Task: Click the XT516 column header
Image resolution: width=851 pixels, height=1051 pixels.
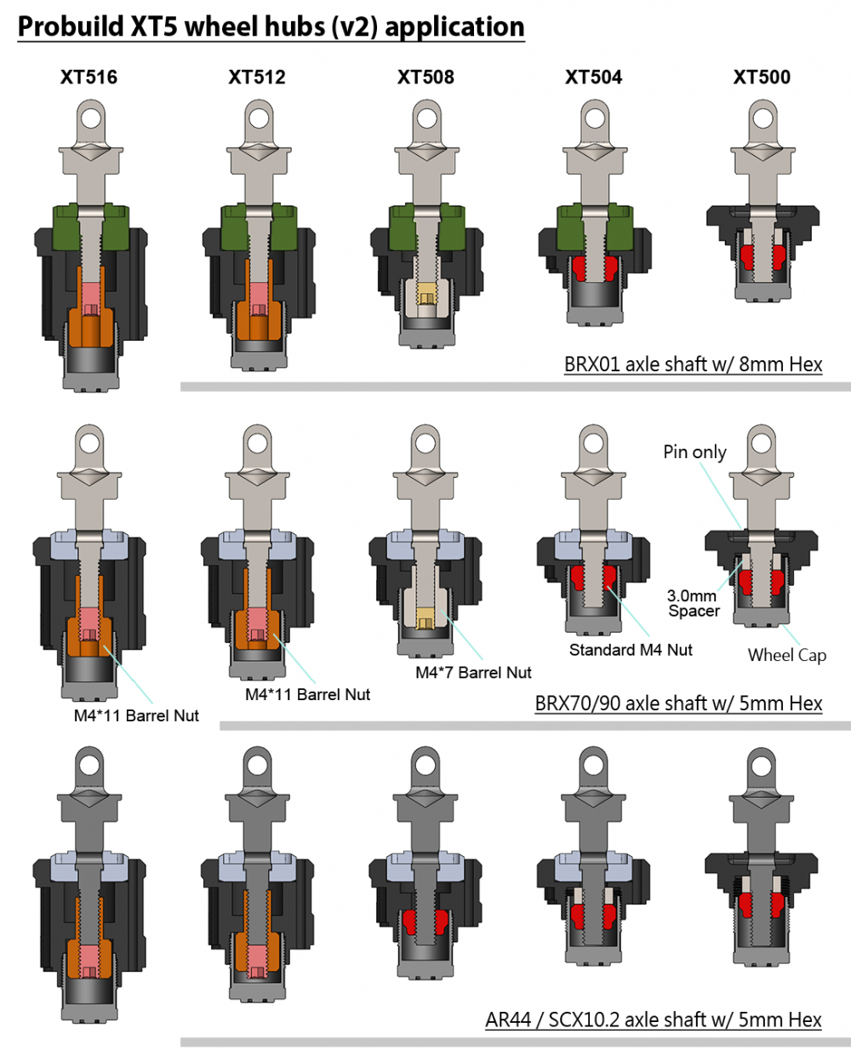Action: click(89, 77)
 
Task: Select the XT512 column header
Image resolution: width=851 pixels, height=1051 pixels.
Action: click(257, 77)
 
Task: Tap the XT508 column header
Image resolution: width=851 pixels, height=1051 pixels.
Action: click(425, 77)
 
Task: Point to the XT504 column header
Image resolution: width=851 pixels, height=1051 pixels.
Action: click(594, 77)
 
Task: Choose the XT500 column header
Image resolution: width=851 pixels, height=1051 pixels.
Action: click(762, 77)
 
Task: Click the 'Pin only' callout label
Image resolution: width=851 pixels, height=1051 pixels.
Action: click(694, 452)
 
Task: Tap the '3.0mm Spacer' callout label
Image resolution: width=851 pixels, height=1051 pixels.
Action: click(692, 603)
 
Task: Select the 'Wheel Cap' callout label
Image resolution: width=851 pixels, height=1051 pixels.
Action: click(786, 655)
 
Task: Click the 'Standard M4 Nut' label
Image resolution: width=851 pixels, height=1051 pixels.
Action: click(631, 650)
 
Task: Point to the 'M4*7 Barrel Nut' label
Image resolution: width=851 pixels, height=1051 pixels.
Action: click(473, 673)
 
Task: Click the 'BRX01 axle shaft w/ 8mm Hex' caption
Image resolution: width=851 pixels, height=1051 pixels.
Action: click(693, 365)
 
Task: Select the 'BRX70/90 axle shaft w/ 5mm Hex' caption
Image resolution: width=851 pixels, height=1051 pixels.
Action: click(678, 704)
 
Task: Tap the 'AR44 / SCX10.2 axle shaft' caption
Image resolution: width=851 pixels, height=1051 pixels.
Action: click(654, 1019)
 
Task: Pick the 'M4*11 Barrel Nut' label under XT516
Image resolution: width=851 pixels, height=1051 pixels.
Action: click(136, 716)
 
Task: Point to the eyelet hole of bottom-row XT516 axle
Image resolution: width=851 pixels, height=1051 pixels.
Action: click(89, 766)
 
